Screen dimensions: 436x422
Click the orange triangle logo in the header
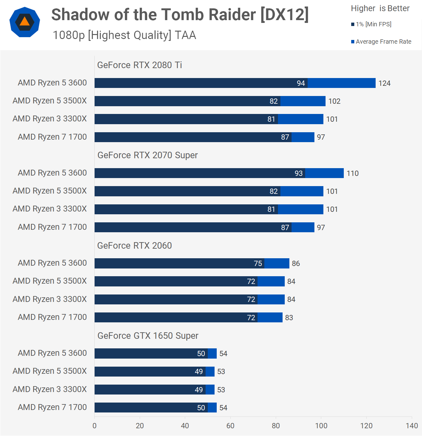tap(25, 22)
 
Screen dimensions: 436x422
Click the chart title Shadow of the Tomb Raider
tap(180, 15)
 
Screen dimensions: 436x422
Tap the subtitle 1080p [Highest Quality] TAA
tap(124, 35)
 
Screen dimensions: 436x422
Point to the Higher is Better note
tap(380, 8)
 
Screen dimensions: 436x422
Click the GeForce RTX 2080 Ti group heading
tap(139, 65)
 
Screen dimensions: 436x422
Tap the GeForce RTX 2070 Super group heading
tap(147, 155)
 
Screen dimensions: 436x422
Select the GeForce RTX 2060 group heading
tap(134, 246)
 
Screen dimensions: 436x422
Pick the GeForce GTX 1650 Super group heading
tap(148, 336)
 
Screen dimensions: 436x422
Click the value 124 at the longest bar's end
tap(384, 83)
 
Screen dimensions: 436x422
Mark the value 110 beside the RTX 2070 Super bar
tap(352, 173)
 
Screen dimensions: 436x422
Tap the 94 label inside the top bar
tap(301, 83)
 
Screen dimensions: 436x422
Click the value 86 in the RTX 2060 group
tap(296, 264)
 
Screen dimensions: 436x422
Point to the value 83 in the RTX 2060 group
tap(289, 318)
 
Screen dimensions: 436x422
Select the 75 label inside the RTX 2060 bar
tap(258, 264)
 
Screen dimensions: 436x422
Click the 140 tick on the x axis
tap(412, 426)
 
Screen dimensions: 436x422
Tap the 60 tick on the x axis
tap(230, 426)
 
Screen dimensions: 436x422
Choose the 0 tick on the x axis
tap(95, 426)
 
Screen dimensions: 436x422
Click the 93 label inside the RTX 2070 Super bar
tap(299, 173)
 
